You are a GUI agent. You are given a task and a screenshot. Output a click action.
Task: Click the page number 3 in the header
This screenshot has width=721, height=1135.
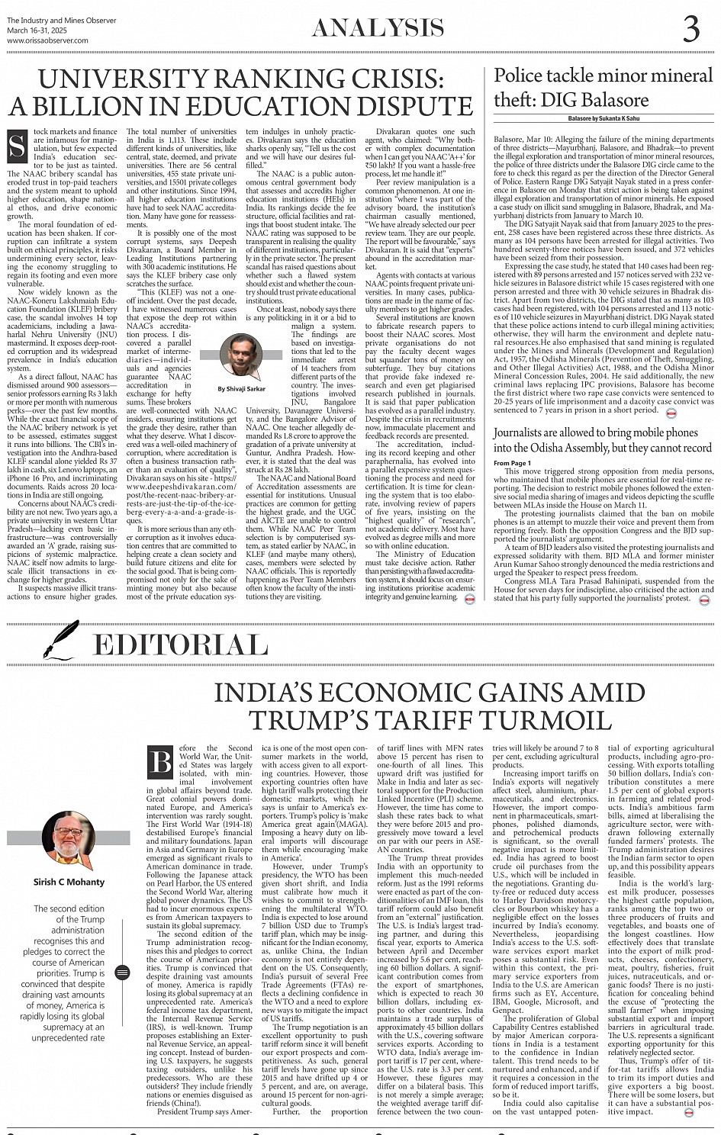690,28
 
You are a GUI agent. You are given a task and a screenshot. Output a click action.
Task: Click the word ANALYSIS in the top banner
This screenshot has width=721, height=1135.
378,28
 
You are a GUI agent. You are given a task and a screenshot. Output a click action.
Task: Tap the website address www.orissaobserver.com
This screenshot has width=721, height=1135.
47,40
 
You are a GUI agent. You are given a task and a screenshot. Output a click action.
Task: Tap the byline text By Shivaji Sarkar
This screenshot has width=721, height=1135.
243,388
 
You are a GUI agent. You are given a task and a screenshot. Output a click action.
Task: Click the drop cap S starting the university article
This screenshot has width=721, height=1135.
16,145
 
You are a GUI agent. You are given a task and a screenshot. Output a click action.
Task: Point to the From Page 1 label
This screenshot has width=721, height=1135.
513,463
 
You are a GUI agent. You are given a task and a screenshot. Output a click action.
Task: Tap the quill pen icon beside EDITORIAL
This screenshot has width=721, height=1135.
60,641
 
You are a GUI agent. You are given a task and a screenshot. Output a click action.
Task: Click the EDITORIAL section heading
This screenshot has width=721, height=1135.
179,645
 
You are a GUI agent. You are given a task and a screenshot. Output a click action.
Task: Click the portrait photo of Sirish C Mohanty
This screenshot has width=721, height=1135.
69,841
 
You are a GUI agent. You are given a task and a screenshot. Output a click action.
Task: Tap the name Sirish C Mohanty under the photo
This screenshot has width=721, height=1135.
69,882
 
